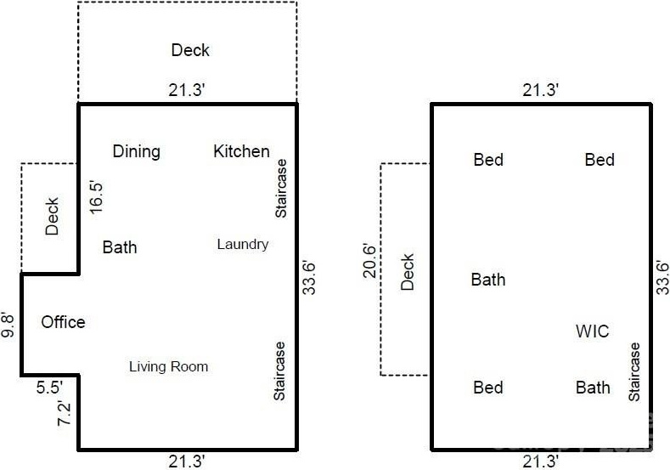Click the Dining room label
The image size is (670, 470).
137,152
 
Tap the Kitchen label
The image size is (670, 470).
241,151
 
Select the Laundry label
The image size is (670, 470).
243,245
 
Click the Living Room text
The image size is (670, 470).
169,366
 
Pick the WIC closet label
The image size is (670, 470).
592,331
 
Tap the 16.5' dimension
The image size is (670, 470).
96,197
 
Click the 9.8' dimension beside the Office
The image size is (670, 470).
8,326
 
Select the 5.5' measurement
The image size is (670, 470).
49,388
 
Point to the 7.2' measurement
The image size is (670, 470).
64,413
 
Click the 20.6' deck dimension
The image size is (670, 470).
369,261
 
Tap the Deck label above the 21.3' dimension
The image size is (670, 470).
190,50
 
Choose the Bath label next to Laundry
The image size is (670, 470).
120,247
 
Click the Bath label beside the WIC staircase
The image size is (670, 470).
593,388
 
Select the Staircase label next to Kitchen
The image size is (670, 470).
281,189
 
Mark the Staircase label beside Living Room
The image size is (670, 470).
279,371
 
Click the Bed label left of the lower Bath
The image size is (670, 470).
488,388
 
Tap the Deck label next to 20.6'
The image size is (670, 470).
408,273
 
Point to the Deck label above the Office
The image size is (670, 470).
52,217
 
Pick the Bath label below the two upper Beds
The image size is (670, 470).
488,280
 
